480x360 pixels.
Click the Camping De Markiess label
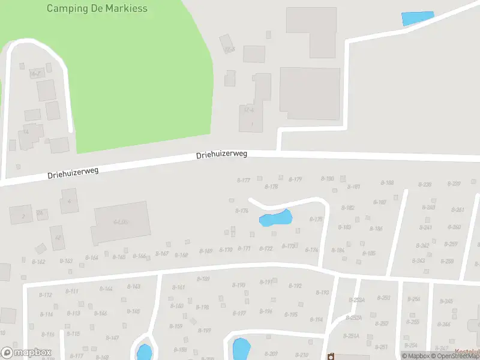coord(97,8)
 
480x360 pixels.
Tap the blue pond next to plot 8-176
coord(275,218)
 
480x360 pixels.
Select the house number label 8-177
coord(243,180)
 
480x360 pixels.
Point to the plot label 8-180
coord(328,179)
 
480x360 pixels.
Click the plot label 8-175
coord(316,220)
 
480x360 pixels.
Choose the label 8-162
coord(38,262)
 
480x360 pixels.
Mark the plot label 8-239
coord(425,184)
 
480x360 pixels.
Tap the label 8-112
coord(46,295)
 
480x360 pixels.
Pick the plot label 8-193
coord(323,293)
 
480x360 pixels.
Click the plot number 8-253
coord(383,298)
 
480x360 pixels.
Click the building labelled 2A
coord(40,213)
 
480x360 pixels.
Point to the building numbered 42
coord(58,238)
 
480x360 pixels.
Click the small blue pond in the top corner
coord(417,19)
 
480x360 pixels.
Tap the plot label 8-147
coord(112,338)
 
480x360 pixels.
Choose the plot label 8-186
coord(376,229)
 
